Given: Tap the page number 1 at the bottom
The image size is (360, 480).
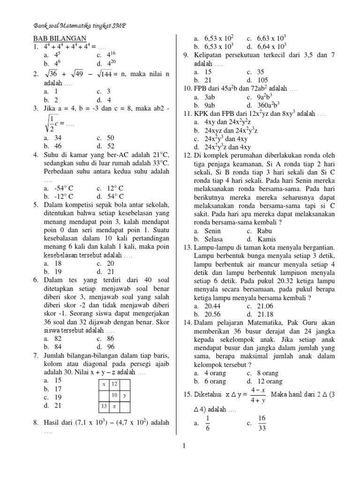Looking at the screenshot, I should point(185,446).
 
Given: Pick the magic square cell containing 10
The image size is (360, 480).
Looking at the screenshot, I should point(113,395).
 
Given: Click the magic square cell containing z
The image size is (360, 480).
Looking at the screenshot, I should point(114,406).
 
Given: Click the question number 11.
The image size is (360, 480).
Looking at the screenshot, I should point(187,114).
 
